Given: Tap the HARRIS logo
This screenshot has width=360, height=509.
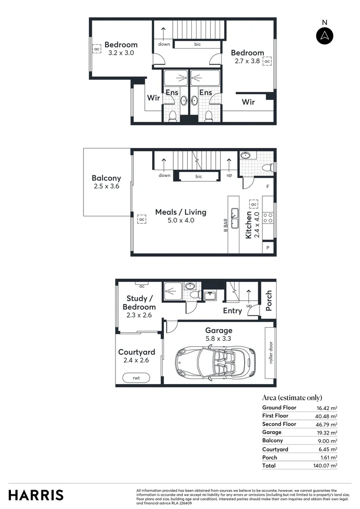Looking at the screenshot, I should tap(36, 495).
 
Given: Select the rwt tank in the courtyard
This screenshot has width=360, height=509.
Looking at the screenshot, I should tap(136, 378).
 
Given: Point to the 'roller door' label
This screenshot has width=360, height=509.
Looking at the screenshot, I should tap(270, 353).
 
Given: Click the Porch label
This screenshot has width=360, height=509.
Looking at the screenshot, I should tap(269, 301).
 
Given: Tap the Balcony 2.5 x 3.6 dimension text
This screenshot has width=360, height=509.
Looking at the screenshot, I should tap(106, 187).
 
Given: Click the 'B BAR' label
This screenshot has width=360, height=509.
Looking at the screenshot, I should tap(226, 225).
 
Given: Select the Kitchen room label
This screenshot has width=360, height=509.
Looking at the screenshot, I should tap(249, 225).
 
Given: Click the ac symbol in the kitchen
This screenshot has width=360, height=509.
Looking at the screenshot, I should tap(254, 204).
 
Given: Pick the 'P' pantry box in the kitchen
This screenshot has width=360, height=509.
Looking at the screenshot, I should tap(268, 247).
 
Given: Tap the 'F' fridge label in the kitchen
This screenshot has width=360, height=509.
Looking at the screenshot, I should tap(268, 187).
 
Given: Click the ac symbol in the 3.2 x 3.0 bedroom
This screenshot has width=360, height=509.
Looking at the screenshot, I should tap(97, 49).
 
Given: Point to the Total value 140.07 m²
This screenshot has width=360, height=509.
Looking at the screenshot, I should tap(327, 466).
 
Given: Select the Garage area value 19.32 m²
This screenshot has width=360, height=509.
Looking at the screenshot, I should tap(327, 433).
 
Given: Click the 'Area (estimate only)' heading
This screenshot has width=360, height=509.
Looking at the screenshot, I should tap(292, 398).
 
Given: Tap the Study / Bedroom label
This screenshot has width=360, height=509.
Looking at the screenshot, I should tap(139, 303).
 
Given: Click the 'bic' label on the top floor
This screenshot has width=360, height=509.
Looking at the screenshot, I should tap(197, 44).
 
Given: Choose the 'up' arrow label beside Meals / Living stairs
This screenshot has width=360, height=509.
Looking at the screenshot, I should tap(229, 175).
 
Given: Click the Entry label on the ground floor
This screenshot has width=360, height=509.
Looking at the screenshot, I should tap(232, 311).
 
